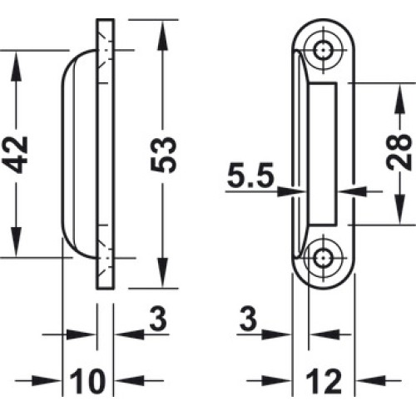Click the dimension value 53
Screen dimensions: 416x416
163,155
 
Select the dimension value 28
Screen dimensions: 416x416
399,151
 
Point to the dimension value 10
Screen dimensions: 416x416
87,381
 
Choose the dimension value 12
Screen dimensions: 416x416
324,381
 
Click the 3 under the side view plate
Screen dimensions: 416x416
158,319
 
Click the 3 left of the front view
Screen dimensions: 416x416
248,319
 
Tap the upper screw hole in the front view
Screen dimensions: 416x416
324,50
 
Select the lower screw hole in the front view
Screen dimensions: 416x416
324,258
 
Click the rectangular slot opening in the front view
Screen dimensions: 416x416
323,153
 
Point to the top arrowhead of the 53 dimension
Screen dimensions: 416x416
163,33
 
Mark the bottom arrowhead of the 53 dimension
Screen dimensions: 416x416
163,274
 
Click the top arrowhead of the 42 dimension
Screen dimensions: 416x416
17,64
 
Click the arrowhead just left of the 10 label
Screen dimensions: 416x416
47,380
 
